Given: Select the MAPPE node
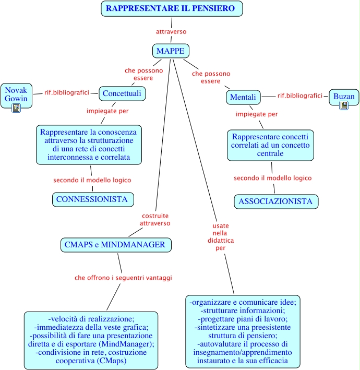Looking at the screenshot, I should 171,51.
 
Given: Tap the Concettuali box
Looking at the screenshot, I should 122,93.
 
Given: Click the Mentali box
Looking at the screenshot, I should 243,97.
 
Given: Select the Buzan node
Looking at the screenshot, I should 344,96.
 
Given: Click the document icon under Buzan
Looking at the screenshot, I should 344,105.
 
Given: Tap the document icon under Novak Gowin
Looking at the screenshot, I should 16,108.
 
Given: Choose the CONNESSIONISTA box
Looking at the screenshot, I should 92,199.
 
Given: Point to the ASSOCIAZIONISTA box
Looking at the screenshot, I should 275,201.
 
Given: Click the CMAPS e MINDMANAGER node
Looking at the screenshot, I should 115,244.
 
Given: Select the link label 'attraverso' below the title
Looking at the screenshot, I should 171,32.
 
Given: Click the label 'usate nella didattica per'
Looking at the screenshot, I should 220,237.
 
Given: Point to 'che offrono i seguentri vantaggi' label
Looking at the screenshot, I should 123,278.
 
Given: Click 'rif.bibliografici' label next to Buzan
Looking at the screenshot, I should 300,96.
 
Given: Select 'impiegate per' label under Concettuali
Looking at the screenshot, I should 107,111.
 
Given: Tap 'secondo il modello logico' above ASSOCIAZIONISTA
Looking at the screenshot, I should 272,178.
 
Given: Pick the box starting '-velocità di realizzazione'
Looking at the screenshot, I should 91,340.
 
